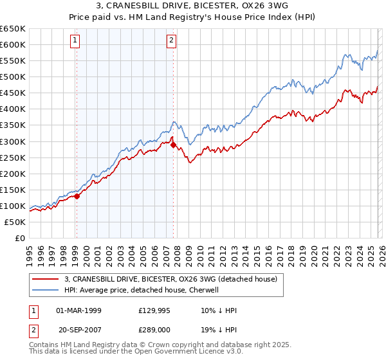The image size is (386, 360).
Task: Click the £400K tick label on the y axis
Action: point(13,109)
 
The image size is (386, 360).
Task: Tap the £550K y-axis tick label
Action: point(13,61)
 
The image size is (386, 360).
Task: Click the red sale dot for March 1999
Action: point(77,196)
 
